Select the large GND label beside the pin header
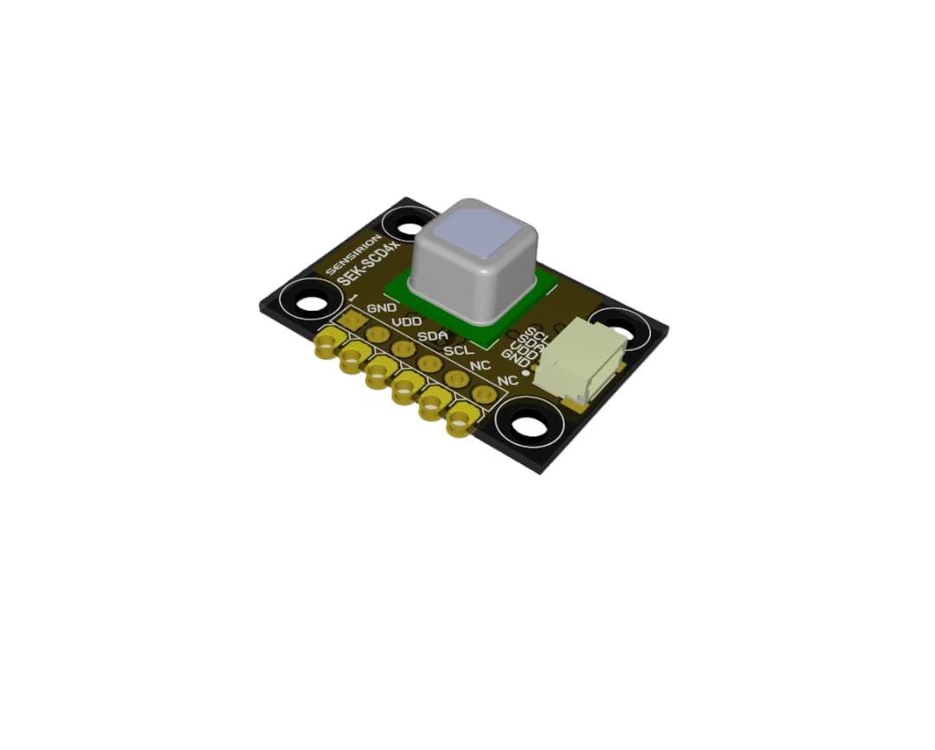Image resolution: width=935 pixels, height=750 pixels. pyautogui.click(x=382, y=308)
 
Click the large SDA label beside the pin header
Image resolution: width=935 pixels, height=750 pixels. pyautogui.click(x=433, y=336)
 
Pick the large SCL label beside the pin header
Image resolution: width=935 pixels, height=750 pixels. pyautogui.click(x=459, y=351)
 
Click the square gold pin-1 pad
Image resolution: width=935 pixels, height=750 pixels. pyautogui.click(x=351, y=320)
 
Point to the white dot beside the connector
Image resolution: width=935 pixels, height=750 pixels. pyautogui.click(x=526, y=370)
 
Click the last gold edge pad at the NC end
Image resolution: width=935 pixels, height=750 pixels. pyautogui.click(x=459, y=424)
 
